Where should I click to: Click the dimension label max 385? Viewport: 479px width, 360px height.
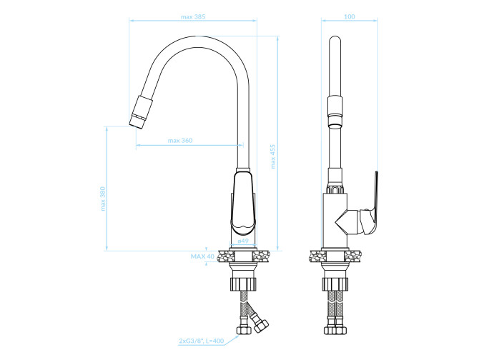click(193, 16)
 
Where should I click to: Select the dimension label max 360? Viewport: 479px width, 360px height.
click(180, 141)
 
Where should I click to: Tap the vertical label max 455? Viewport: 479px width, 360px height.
click(273, 156)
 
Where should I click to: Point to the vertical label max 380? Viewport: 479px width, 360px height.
click(103, 199)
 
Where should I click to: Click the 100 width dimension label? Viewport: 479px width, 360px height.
click(350, 16)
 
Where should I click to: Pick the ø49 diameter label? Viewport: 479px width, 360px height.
click(243, 241)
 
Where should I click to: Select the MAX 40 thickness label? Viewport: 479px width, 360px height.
click(202, 256)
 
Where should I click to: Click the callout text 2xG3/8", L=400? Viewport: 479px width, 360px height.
click(202, 341)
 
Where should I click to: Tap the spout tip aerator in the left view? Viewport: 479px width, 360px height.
click(141, 112)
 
